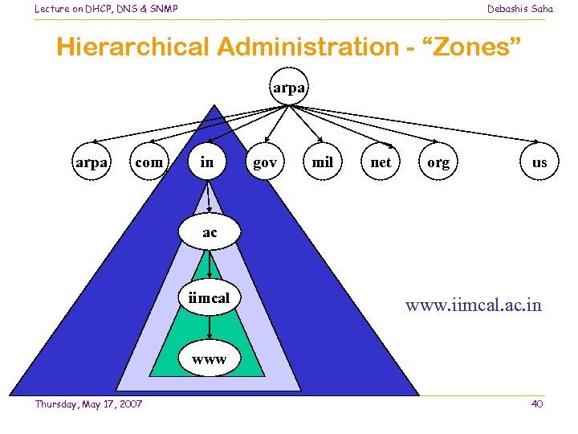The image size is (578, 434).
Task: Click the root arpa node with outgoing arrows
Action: (x=289, y=88)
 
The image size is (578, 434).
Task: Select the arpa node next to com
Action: (x=92, y=162)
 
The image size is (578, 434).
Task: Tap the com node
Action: (x=149, y=162)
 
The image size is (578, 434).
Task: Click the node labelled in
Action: (x=207, y=162)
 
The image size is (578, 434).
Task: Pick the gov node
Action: (x=265, y=162)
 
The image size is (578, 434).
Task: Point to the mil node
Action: (x=323, y=162)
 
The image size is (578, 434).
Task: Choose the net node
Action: (x=381, y=162)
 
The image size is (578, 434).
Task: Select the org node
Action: (x=438, y=162)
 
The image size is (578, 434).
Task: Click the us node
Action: (x=539, y=162)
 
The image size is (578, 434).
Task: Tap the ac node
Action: (x=209, y=232)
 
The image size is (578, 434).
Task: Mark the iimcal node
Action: (x=209, y=298)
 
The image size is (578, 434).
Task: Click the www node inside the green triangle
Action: (x=209, y=360)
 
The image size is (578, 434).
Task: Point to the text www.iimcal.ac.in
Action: (x=474, y=305)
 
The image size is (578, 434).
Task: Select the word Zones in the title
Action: (x=475, y=47)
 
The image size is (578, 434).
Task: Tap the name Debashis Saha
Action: (x=520, y=9)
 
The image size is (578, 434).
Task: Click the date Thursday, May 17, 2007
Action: (x=88, y=403)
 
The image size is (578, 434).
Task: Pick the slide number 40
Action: (x=537, y=403)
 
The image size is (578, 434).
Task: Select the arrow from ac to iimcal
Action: (x=209, y=264)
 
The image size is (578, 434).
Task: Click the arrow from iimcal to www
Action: (x=209, y=326)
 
